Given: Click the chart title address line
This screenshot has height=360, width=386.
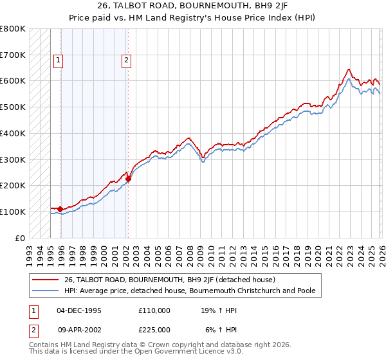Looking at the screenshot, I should coord(193,6).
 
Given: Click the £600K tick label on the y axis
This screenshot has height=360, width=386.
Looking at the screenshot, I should coord(13,81).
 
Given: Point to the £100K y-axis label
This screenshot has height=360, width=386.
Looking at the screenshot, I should coord(13,212).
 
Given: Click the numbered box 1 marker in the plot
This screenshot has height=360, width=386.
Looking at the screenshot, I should coord(58,61).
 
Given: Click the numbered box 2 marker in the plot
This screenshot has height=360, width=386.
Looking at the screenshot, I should coord(125,61).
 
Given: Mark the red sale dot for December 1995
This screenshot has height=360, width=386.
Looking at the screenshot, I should coord(60,209).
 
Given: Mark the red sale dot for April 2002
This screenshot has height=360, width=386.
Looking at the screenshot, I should coord(128,179).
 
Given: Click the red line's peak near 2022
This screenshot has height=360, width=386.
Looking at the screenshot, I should coord(348,69).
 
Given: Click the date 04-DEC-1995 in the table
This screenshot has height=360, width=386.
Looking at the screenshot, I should coord(79,310).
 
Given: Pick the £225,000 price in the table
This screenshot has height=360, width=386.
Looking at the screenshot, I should coord(154,329).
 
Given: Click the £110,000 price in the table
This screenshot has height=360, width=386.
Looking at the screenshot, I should coord(154,310).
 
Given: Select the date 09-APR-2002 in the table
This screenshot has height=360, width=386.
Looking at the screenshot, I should coord(79,329).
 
